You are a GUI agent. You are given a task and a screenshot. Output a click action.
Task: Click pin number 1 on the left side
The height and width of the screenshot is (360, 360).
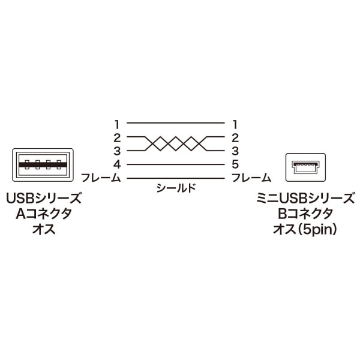click(x=118, y=125)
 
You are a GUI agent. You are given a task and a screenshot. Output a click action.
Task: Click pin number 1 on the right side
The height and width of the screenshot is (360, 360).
click(x=235, y=125)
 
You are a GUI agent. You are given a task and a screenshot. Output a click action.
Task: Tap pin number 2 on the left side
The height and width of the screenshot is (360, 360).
click(x=117, y=138)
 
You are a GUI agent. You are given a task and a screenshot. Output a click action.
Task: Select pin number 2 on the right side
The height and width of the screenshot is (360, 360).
click(x=235, y=138)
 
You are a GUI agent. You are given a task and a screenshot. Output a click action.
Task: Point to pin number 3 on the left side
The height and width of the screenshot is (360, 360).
click(x=117, y=151)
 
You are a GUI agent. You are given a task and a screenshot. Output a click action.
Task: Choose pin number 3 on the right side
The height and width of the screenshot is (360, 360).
click(x=235, y=151)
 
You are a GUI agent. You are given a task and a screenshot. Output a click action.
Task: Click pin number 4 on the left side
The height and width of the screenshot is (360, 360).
click(x=117, y=164)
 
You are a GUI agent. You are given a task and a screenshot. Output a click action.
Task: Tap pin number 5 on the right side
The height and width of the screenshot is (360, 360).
click(x=235, y=164)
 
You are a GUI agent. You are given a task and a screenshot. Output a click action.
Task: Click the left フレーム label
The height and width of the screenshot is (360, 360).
click(x=101, y=178)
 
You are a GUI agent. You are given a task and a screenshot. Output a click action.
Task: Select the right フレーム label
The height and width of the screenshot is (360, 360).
click(x=251, y=178)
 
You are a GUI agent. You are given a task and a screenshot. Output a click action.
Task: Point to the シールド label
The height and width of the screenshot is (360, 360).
click(x=176, y=188)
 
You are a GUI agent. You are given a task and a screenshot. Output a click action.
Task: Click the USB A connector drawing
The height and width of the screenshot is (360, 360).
click(x=43, y=165)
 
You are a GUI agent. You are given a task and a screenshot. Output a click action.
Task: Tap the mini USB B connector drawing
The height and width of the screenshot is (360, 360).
click(x=305, y=167)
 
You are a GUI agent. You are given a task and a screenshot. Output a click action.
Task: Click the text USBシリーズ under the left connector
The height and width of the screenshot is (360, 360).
click(x=43, y=199)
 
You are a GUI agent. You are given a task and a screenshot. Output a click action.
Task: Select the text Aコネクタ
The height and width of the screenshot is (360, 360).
click(x=44, y=214)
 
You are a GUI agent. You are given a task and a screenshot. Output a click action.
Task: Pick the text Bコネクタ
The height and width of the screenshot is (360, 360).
click(x=305, y=214)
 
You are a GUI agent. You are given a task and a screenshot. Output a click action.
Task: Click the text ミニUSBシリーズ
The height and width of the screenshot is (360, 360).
click(x=305, y=199)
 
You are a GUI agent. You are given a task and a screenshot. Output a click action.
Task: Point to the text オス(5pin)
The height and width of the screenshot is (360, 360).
click(x=305, y=229)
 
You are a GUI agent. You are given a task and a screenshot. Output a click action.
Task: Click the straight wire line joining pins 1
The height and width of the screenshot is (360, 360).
click(x=176, y=123)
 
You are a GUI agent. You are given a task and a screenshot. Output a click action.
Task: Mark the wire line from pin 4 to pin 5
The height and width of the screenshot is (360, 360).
click(x=176, y=164)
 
